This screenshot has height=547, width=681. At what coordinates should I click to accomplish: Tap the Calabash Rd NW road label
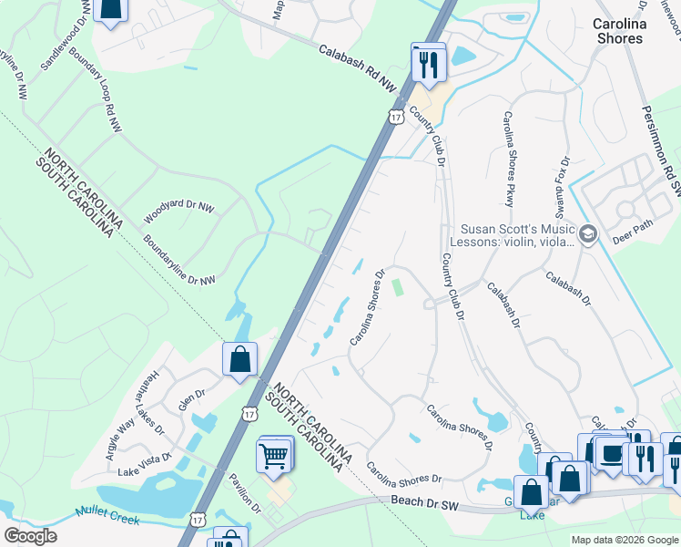pos(359,68)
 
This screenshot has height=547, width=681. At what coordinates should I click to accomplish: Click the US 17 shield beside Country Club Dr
pos(395,116)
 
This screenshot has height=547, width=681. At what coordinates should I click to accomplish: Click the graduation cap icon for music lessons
pos(587,235)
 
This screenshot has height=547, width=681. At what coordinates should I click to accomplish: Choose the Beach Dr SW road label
pos(434,500)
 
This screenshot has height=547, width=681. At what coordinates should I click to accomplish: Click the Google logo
pos(30,535)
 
